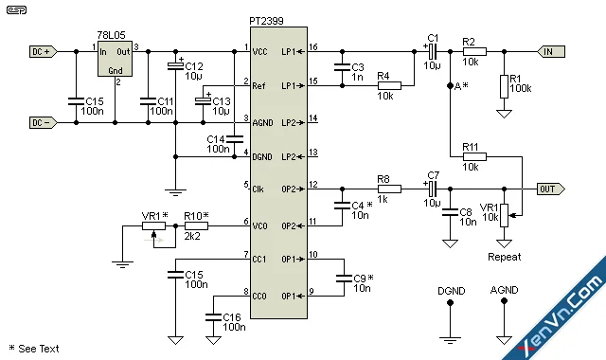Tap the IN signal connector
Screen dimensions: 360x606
552,51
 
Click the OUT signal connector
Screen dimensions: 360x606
550,188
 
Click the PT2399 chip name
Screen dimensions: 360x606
276,33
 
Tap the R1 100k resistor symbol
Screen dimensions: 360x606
504,86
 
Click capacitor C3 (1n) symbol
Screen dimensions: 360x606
339,67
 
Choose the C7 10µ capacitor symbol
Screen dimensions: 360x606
431,188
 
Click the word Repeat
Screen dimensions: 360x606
504,256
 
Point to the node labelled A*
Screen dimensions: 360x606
450,86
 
